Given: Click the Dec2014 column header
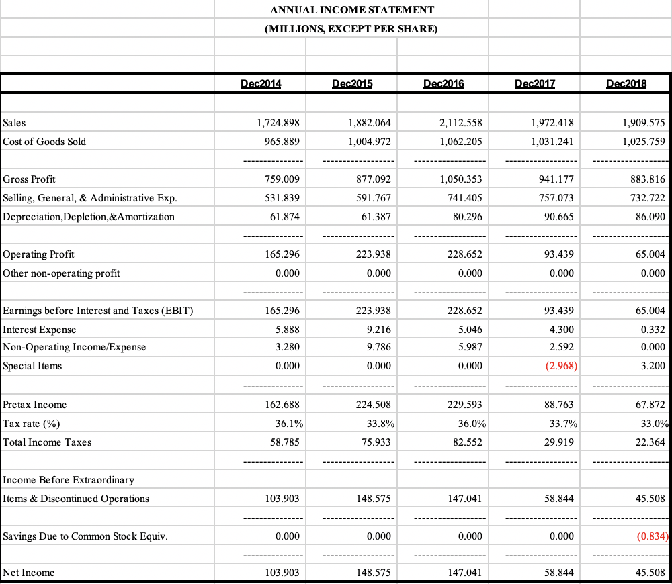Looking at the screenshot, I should click(261, 84).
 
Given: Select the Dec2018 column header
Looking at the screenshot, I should click(626, 84).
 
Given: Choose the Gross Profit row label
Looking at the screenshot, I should click(30, 179).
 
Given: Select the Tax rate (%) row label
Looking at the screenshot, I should click(31, 424).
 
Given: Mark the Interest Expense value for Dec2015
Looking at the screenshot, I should click(378, 330).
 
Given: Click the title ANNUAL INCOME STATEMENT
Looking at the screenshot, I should click(351, 9).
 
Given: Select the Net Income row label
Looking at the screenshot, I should click(29, 573).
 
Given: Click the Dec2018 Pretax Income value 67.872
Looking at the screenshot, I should click(649, 405).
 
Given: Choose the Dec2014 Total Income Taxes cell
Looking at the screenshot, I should click(284, 442).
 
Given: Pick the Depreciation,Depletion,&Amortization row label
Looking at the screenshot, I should click(89, 217).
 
